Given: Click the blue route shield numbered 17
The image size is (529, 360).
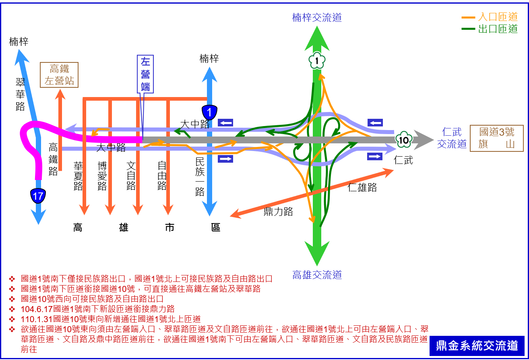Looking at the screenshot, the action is coord(38,196).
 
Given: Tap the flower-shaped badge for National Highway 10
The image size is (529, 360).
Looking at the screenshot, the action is coord(404,140).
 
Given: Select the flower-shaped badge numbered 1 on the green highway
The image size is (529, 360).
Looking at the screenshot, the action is coord(317,60).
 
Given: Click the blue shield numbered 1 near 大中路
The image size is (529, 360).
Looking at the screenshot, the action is coord(209,112).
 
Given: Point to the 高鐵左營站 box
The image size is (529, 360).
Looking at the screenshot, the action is coord(59,75).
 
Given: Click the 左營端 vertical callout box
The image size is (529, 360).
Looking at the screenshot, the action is coord(145,74).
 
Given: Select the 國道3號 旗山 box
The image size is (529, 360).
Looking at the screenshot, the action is coord(497,138).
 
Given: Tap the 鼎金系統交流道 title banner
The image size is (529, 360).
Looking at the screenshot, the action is coord(477,346).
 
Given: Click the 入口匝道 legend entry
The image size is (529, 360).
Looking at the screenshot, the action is coord(490,17).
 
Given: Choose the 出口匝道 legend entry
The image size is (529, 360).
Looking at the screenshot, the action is coord(490,29).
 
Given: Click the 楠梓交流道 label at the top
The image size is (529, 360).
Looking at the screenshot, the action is coord(317,18).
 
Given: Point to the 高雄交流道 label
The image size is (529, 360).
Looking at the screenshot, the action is coord(317,275).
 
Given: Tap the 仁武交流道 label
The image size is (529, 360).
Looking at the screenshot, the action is coord(452,138).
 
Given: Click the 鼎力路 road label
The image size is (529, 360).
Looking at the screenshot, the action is coord(278,211).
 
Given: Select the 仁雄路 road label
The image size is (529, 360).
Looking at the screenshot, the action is coord(362,187).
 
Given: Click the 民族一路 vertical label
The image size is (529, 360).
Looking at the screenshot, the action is coord(200,177).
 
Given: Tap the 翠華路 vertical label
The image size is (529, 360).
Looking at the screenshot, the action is coord(20,95).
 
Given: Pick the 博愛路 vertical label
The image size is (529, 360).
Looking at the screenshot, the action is coord(102,176).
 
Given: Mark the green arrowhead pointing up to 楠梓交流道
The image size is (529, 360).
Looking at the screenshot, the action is coord(317,39).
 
